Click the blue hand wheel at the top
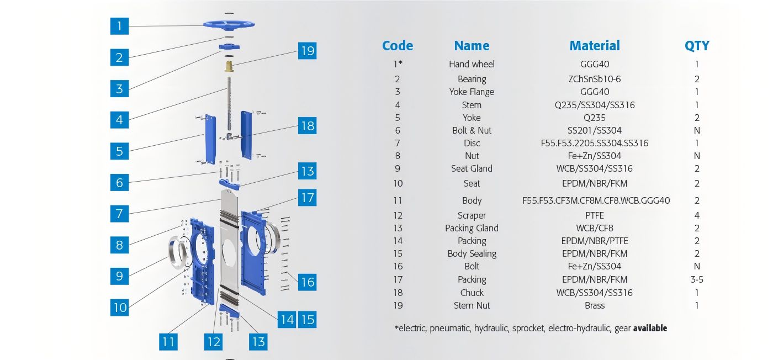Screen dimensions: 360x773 (229, 24)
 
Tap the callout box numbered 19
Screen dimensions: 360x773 (307, 51)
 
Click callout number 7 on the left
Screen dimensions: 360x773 (119, 213)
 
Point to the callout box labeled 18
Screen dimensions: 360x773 (307, 126)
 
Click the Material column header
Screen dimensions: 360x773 (595, 46)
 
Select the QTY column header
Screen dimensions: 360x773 (697, 46)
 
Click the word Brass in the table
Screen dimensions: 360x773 (595, 305)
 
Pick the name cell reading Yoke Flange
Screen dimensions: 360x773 (472, 92)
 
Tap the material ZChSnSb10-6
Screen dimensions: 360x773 (595, 79)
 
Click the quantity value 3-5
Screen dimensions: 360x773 (697, 279)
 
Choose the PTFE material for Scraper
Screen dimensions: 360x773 (595, 215)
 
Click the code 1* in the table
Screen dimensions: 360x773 (398, 64)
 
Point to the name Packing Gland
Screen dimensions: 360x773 (472, 228)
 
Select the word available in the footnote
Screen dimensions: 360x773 (650, 328)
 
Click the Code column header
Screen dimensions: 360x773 (398, 46)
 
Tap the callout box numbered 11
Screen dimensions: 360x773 (168, 342)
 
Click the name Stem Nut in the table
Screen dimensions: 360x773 (472, 305)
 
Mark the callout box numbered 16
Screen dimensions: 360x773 (307, 282)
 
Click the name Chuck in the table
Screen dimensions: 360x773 (472, 293)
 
